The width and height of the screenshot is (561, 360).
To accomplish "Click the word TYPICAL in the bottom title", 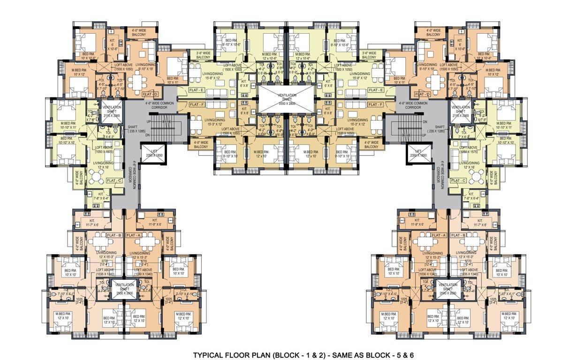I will click(x=209, y=355).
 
